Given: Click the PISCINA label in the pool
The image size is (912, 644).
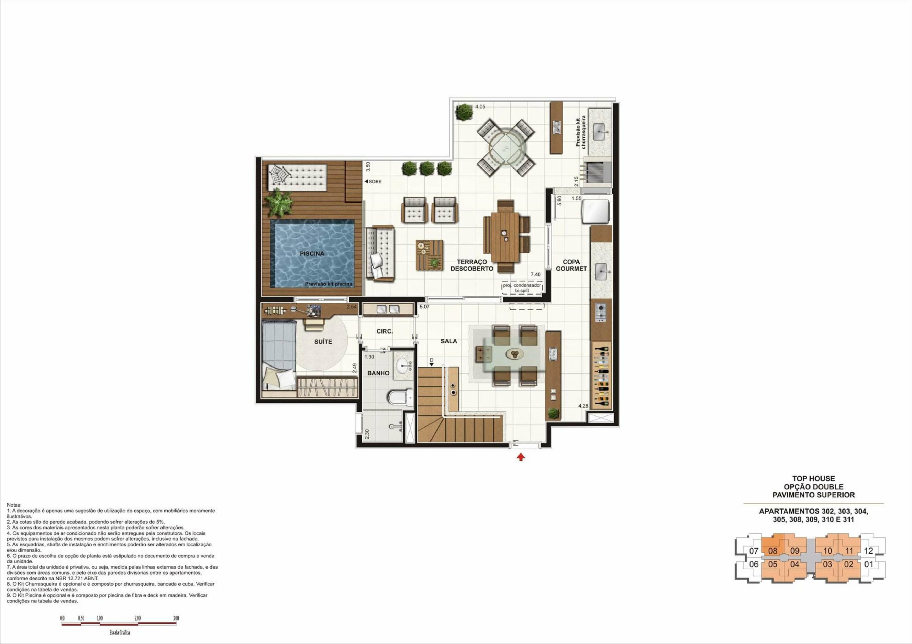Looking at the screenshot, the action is click(x=312, y=254).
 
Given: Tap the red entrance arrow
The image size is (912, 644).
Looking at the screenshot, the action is click(x=521, y=457).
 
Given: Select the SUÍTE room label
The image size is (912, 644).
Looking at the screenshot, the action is click(x=323, y=342).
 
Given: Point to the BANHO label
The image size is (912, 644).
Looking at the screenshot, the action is click(x=378, y=373).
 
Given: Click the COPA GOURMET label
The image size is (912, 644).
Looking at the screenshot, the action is click(x=571, y=265).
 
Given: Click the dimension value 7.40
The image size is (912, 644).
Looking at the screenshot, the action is click(x=535, y=274).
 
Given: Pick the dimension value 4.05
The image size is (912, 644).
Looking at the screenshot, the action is click(x=480, y=107).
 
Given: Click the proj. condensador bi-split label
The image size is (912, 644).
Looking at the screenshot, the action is click(x=522, y=288).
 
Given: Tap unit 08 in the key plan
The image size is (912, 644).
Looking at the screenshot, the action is click(x=773, y=551).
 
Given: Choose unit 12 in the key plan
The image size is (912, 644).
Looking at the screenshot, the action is click(x=869, y=551).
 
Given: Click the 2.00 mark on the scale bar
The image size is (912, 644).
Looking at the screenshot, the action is click(x=138, y=618).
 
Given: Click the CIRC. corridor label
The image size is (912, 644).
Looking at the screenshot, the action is click(x=384, y=331).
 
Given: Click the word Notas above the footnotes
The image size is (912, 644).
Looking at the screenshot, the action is click(x=14, y=505).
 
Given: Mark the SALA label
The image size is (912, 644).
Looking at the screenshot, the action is click(x=449, y=341).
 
